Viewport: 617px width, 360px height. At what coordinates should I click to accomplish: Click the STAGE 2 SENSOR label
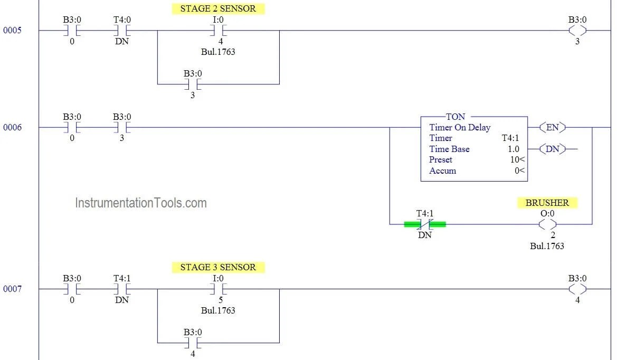[218, 8]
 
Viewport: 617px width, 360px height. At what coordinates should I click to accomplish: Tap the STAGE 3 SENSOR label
[218, 267]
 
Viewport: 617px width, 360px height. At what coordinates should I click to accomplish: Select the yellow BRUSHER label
[547, 203]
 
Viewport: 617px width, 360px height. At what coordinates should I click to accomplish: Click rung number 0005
[13, 31]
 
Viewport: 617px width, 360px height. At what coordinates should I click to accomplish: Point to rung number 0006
[13, 128]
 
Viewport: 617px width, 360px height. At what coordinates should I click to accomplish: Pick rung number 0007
[13, 289]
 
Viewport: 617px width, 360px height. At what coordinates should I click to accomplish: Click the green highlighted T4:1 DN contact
[425, 224]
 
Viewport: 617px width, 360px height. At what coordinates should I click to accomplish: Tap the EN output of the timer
[552, 127]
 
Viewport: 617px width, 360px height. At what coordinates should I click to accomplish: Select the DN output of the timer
[552, 149]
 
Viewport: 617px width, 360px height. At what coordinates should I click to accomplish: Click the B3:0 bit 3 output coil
[577, 31]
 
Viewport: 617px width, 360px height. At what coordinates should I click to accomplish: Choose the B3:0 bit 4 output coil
[577, 289]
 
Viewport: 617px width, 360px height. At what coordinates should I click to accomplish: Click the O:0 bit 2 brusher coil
[547, 224]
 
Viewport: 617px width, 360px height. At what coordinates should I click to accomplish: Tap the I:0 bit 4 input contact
[218, 31]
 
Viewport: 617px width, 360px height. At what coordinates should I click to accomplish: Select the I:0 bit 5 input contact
[218, 289]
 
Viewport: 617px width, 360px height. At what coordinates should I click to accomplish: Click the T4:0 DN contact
[122, 31]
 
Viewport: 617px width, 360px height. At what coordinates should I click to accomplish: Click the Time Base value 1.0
[513, 149]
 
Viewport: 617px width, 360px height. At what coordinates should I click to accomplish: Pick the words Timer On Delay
[460, 127]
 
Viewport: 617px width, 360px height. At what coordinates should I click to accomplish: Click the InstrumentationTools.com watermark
[141, 203]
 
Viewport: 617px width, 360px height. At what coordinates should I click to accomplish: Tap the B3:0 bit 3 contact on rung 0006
[122, 128]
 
